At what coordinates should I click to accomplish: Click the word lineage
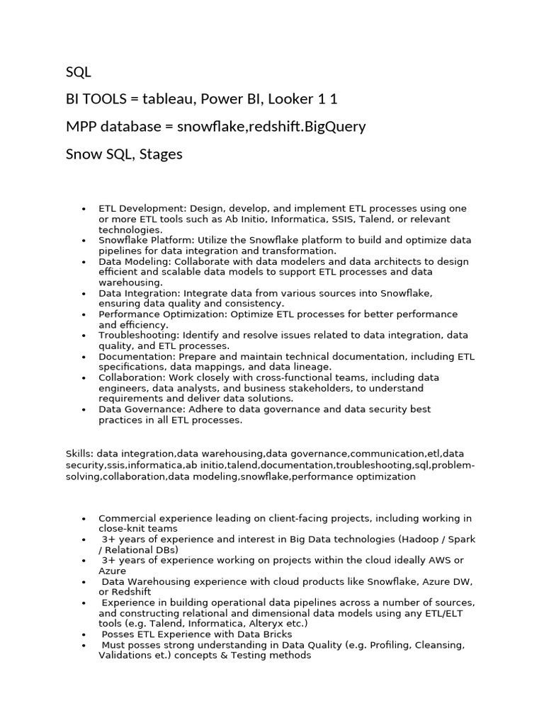click(313, 367)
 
